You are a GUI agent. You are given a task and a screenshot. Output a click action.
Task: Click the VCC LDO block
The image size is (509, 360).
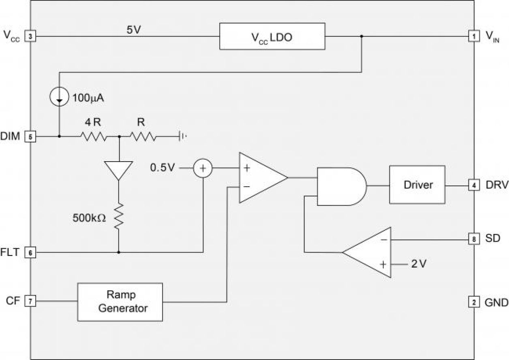(x=272, y=36)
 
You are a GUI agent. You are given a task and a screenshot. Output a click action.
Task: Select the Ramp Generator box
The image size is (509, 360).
(x=120, y=301)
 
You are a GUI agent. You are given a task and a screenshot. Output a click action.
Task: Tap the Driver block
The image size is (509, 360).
(x=417, y=185)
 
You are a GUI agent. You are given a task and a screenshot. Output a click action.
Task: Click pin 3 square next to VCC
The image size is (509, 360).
(x=30, y=36)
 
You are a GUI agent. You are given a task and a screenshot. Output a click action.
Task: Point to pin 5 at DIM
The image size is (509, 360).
(x=30, y=136)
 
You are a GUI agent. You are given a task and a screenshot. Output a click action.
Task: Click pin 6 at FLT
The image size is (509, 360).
(x=30, y=252)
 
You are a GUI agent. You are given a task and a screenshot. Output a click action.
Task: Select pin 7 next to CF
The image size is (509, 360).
(x=30, y=301)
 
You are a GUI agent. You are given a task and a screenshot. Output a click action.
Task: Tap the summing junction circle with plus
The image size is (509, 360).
(x=203, y=167)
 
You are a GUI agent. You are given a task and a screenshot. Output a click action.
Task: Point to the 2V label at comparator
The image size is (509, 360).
(x=419, y=264)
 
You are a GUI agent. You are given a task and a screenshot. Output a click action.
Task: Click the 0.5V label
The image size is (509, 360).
(x=162, y=167)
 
